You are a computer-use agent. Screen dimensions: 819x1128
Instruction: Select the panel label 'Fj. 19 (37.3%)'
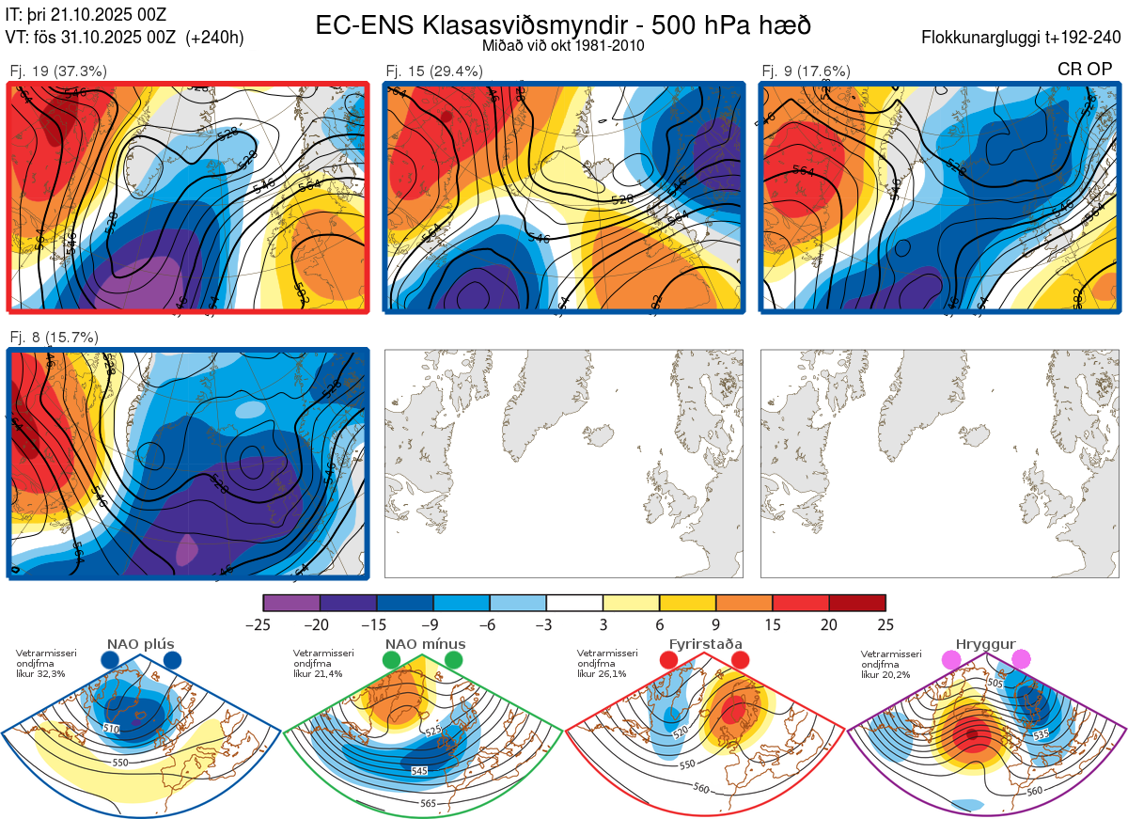pos(58,71)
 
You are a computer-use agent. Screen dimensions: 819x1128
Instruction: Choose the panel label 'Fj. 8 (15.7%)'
pos(54,338)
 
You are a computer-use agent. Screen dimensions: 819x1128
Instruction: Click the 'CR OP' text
pos(1085,69)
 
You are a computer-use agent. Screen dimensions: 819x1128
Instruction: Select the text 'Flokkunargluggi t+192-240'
pos(1022,39)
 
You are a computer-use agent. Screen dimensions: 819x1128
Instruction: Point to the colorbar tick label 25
pos(885,624)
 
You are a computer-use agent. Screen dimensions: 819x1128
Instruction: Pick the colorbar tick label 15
pos(773,624)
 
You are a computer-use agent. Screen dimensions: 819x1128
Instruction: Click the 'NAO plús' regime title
pos(141,644)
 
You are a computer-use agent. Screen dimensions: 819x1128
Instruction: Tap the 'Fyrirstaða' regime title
pos(704,644)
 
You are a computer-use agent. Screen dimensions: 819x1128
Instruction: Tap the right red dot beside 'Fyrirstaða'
pos(739,660)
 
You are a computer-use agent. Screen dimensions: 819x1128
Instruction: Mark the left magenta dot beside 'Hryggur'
pos(952,660)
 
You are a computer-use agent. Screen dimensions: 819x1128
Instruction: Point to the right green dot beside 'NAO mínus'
pos(455,660)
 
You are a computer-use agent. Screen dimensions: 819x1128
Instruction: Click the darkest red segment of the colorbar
pos(857,603)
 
